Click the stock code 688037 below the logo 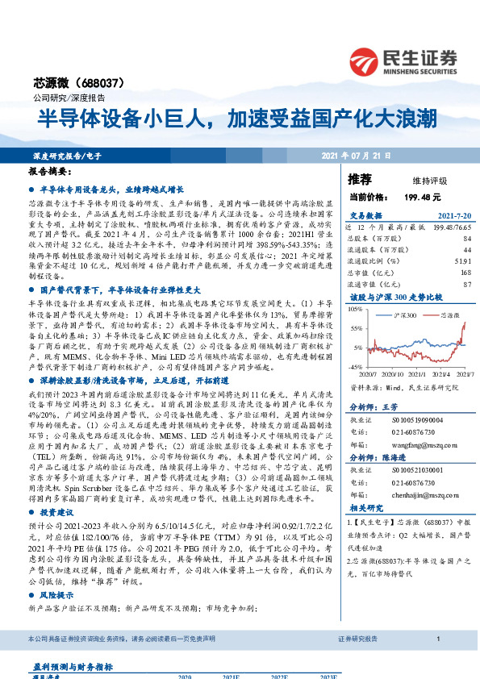[x=112, y=81]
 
